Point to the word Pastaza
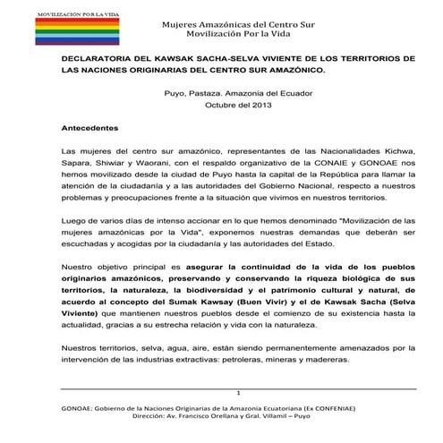point(214,93)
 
